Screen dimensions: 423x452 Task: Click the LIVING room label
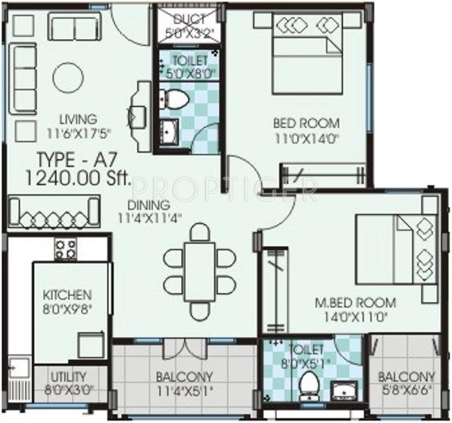click(79, 119)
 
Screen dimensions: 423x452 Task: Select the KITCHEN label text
click(67, 294)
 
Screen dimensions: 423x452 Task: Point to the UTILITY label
click(69, 376)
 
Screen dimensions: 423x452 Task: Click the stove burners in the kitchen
click(66, 249)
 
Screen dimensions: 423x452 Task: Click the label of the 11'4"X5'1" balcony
click(184, 376)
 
